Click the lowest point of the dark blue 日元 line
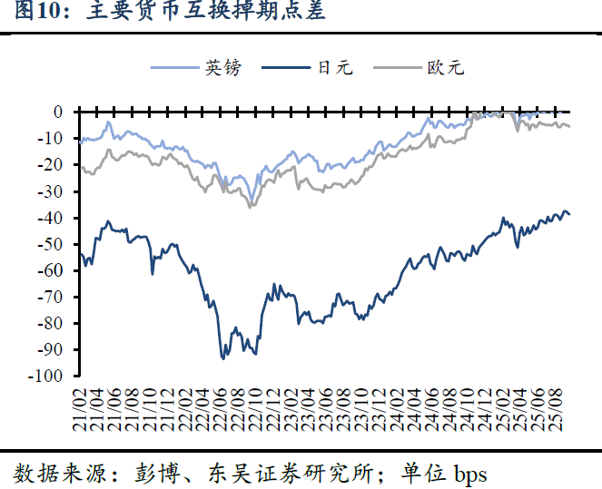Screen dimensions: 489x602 tap(223, 358)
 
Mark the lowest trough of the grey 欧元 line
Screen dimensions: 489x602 tap(251, 207)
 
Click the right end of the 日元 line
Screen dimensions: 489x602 tap(570, 215)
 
